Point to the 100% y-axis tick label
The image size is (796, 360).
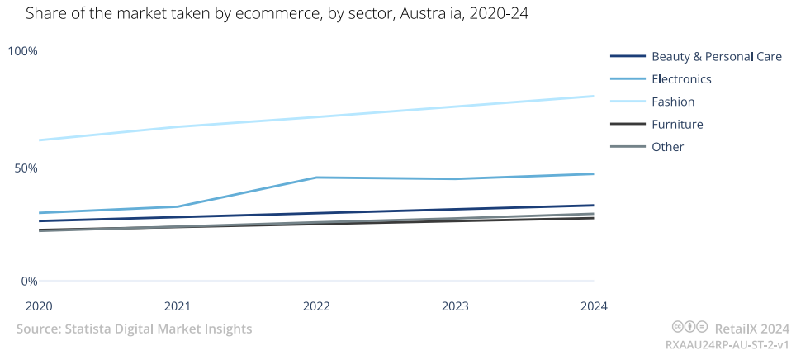tap(23, 51)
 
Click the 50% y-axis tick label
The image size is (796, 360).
tap(23, 168)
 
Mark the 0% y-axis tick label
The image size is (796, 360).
tap(28, 282)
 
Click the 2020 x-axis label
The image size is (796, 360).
tap(39, 306)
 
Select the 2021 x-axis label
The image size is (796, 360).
tap(178, 306)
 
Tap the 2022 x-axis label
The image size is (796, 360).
tap(316, 306)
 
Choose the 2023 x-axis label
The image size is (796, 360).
tap(455, 306)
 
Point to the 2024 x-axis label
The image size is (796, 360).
tap(593, 306)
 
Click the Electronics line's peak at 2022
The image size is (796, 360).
tap(316, 178)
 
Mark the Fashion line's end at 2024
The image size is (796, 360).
tap(594, 96)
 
